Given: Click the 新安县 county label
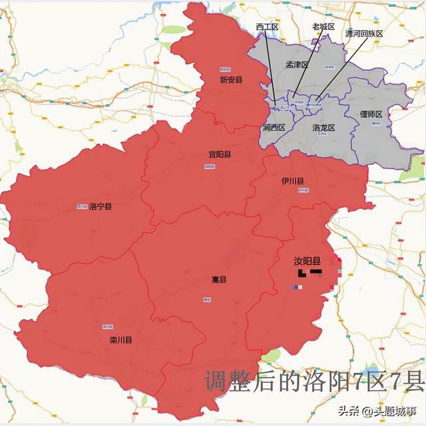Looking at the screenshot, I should click(231, 80).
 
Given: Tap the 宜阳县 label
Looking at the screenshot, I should click(219, 154).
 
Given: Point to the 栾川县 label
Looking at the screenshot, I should click(120, 340).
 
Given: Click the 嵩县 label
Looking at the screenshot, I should click(218, 280).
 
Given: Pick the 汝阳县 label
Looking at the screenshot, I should click(308, 262).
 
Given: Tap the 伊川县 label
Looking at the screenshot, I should click(292, 181).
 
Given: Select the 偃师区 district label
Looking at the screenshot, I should click(372, 114).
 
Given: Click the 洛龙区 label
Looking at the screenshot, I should click(323, 126).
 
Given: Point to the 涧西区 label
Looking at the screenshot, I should click(273, 127).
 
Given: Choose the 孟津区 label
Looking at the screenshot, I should click(296, 65).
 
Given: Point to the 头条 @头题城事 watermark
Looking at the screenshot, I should click(380, 409).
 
